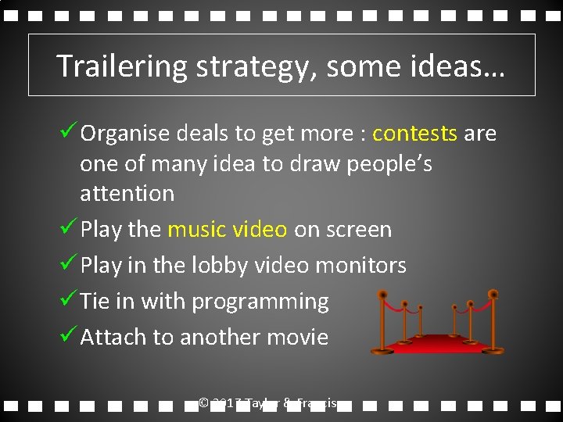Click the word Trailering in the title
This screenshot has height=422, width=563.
click(122, 67)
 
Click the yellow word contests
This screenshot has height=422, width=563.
click(414, 134)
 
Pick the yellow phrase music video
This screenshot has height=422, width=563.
click(228, 230)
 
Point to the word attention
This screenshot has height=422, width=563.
click(127, 193)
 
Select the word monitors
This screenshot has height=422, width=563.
click(360, 266)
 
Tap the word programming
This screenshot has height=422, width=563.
click(260, 302)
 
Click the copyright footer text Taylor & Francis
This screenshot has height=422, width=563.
click(289, 403)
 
